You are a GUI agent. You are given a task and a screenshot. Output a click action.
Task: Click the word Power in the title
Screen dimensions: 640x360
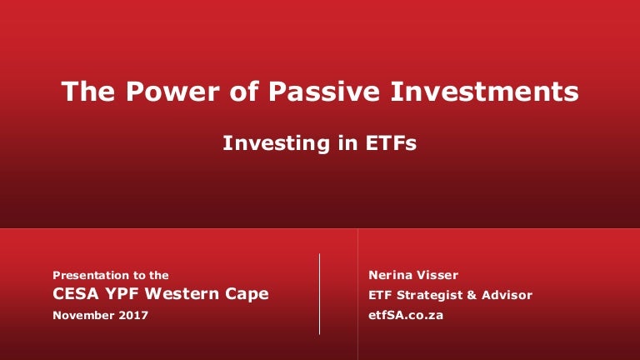point(172,91)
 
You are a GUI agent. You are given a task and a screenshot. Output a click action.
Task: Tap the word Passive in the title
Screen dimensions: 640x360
point(324,91)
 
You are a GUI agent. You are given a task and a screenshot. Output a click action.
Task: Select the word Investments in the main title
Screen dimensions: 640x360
point(484,91)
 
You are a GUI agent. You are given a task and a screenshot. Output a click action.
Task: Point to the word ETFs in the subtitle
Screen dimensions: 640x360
point(391,142)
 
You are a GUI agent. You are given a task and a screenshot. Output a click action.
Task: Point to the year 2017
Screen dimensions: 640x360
point(133,315)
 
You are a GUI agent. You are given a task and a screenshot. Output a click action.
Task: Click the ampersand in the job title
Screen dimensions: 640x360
point(472,295)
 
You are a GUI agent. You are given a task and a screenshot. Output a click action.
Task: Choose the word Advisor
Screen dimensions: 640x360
point(507,295)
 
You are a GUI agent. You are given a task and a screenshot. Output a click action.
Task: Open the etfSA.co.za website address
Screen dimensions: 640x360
point(406,315)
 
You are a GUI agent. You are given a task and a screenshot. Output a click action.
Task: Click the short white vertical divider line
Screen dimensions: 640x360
point(320,294)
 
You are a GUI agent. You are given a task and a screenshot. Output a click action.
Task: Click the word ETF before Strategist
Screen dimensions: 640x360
point(380,295)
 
